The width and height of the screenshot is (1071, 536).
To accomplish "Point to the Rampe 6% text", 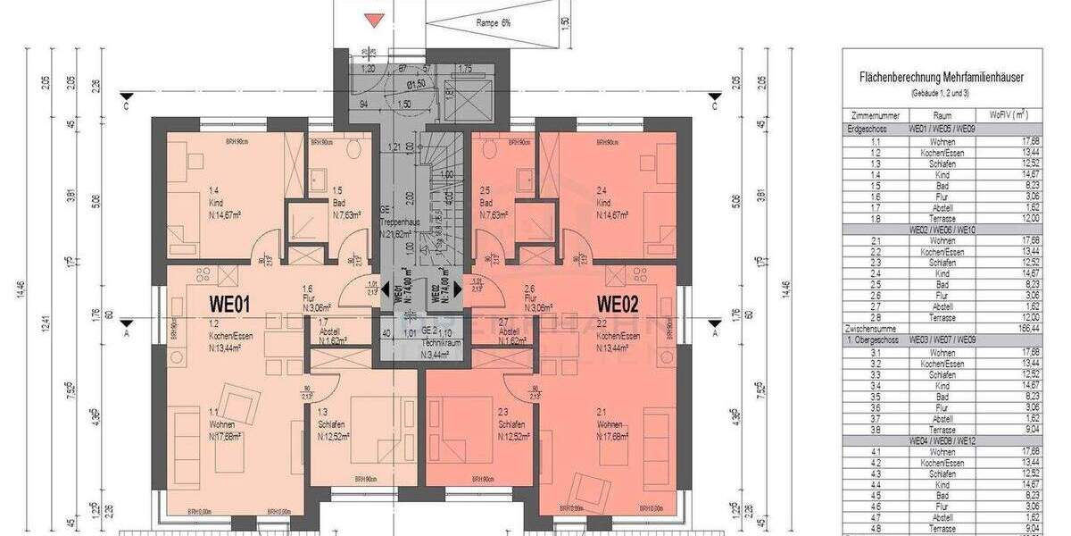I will click(x=493, y=23).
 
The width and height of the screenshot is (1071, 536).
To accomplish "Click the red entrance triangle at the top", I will click(x=375, y=21).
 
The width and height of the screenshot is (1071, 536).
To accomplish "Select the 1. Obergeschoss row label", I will click(x=872, y=340).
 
